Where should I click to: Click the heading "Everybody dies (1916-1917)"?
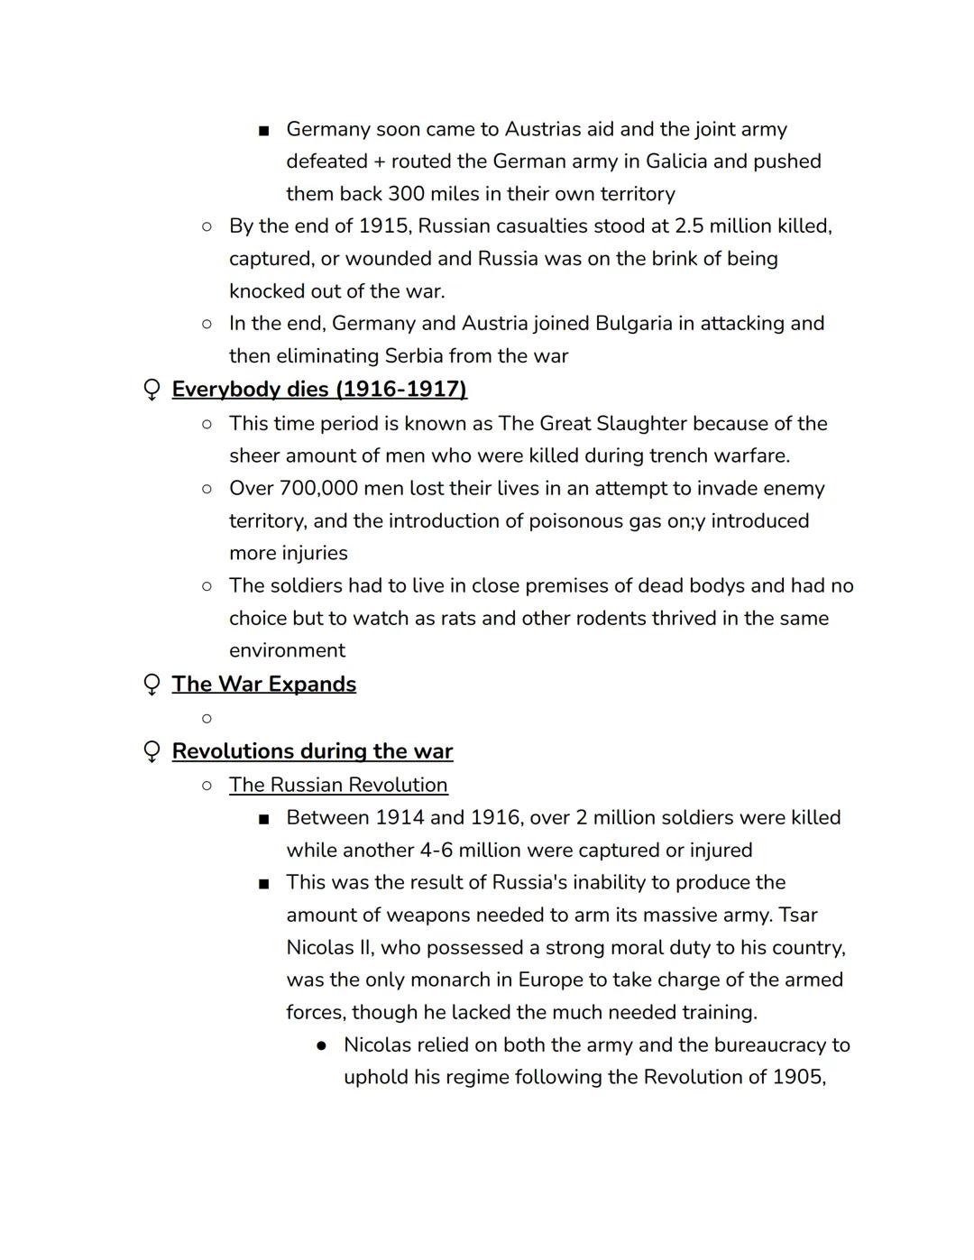[x=319, y=390]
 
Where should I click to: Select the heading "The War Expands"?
[x=263, y=685]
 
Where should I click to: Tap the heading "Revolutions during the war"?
[x=312, y=751]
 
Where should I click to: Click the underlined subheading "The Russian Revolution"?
[x=338, y=785]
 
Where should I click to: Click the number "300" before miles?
[x=407, y=194]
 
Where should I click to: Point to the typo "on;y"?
[x=685, y=521]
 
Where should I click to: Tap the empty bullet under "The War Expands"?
[x=207, y=719]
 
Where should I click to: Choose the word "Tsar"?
[x=797, y=915]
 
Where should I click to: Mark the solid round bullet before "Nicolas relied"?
[x=321, y=1045]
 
